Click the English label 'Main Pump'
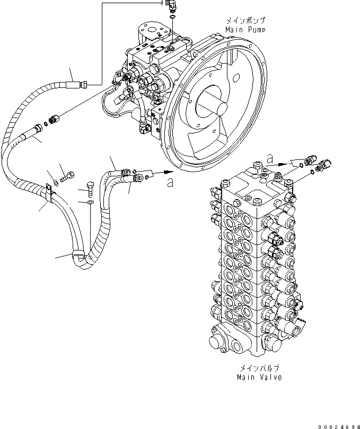[x=244, y=30]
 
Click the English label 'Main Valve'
[x=260, y=378]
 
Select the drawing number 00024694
[x=338, y=424]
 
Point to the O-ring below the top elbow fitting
[x=173, y=19]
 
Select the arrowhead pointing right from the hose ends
[x=169, y=172]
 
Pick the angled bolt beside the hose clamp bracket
[x=64, y=173]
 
